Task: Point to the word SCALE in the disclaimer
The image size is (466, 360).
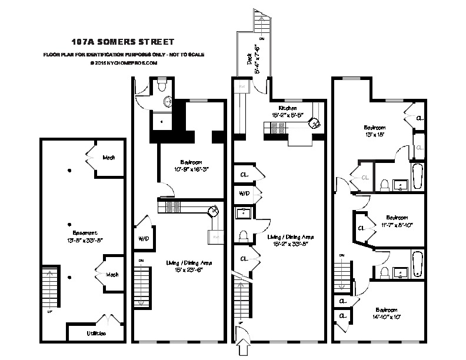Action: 194,55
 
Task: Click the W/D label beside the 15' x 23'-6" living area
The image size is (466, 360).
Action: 143,239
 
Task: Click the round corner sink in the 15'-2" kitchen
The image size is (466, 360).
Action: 315,122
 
